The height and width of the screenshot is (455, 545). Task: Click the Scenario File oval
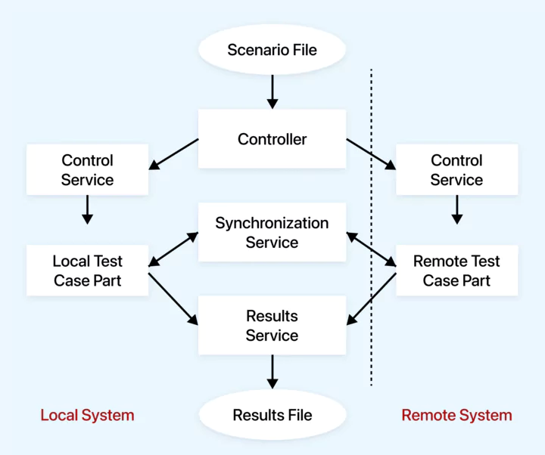272,51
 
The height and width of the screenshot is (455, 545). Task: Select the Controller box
272,139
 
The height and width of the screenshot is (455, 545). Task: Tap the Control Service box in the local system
87,170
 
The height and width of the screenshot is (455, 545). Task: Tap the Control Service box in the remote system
456,170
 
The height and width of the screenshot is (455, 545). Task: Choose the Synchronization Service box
272,232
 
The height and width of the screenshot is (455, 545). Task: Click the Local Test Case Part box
87,271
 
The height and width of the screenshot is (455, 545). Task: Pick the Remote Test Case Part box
456,271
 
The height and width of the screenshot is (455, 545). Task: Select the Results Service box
272,326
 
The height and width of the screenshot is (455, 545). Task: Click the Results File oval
272,415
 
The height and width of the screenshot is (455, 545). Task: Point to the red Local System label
87,415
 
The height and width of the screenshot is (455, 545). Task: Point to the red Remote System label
456,415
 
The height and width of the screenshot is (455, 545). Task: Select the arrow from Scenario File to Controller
272,91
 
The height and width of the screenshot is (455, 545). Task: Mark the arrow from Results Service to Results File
272,371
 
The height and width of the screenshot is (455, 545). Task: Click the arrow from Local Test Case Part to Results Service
173,299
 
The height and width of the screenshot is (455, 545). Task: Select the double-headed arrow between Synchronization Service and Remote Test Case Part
372,250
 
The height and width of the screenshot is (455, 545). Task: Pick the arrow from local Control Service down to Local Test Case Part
87,209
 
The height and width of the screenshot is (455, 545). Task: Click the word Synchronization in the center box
272,223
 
